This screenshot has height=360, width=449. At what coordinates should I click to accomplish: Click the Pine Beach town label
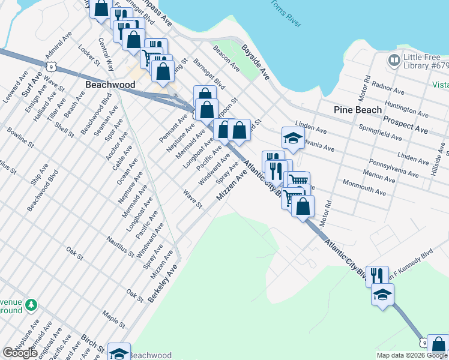click(x=358, y=110)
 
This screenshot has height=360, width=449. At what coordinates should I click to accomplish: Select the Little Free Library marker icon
click(x=394, y=59)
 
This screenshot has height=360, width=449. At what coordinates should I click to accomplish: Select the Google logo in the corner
click(x=19, y=353)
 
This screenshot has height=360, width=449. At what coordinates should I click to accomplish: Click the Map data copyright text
click(x=411, y=355)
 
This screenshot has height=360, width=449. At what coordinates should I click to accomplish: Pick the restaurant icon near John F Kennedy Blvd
click(x=377, y=275)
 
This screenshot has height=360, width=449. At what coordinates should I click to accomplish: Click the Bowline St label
click(x=19, y=136)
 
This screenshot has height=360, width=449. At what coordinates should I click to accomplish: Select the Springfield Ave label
click(x=380, y=133)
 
